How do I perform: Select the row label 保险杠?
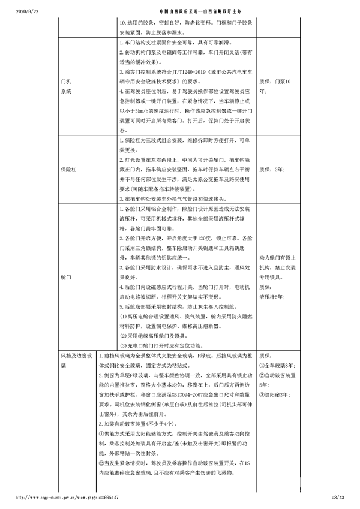68,170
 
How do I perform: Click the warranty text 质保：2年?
271,170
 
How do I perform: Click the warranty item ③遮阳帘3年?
275,394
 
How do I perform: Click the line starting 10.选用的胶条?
187,19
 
